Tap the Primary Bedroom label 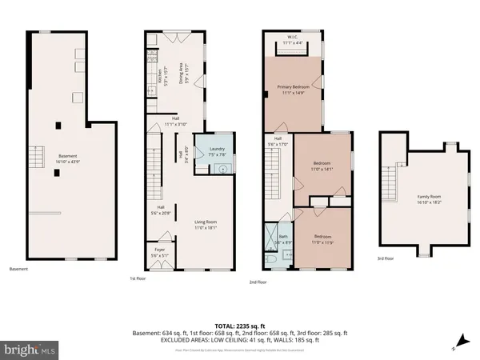pyautogui.click(x=293, y=89)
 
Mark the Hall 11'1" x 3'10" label pyautogui.click(x=175, y=124)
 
